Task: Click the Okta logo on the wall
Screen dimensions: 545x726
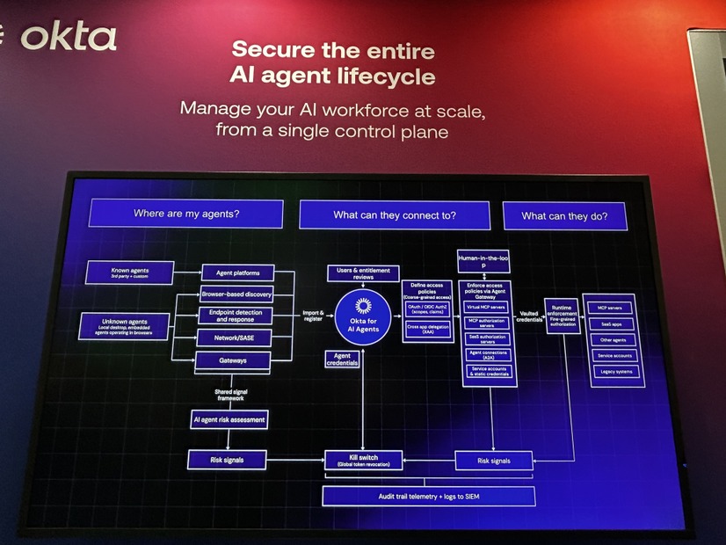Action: (69, 36)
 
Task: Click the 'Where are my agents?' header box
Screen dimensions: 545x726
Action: (186, 214)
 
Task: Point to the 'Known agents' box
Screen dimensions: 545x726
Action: (130, 272)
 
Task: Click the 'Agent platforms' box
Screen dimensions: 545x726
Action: (237, 272)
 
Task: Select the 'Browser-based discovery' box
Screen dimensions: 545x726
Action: (237, 294)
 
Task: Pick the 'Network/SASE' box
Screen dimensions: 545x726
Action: (235, 338)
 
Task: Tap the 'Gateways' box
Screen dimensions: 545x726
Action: (234, 360)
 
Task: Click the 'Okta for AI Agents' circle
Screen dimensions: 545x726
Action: (362, 316)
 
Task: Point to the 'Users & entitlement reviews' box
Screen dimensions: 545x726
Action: (363, 273)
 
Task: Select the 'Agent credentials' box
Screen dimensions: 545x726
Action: (342, 360)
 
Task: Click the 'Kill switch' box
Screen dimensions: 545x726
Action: (363, 460)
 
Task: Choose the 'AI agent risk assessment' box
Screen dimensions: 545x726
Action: (229, 420)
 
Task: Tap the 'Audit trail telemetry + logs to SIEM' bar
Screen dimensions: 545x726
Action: (428, 497)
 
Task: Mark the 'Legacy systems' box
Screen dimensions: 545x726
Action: (614, 372)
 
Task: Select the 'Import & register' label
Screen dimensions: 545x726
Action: (314, 316)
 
